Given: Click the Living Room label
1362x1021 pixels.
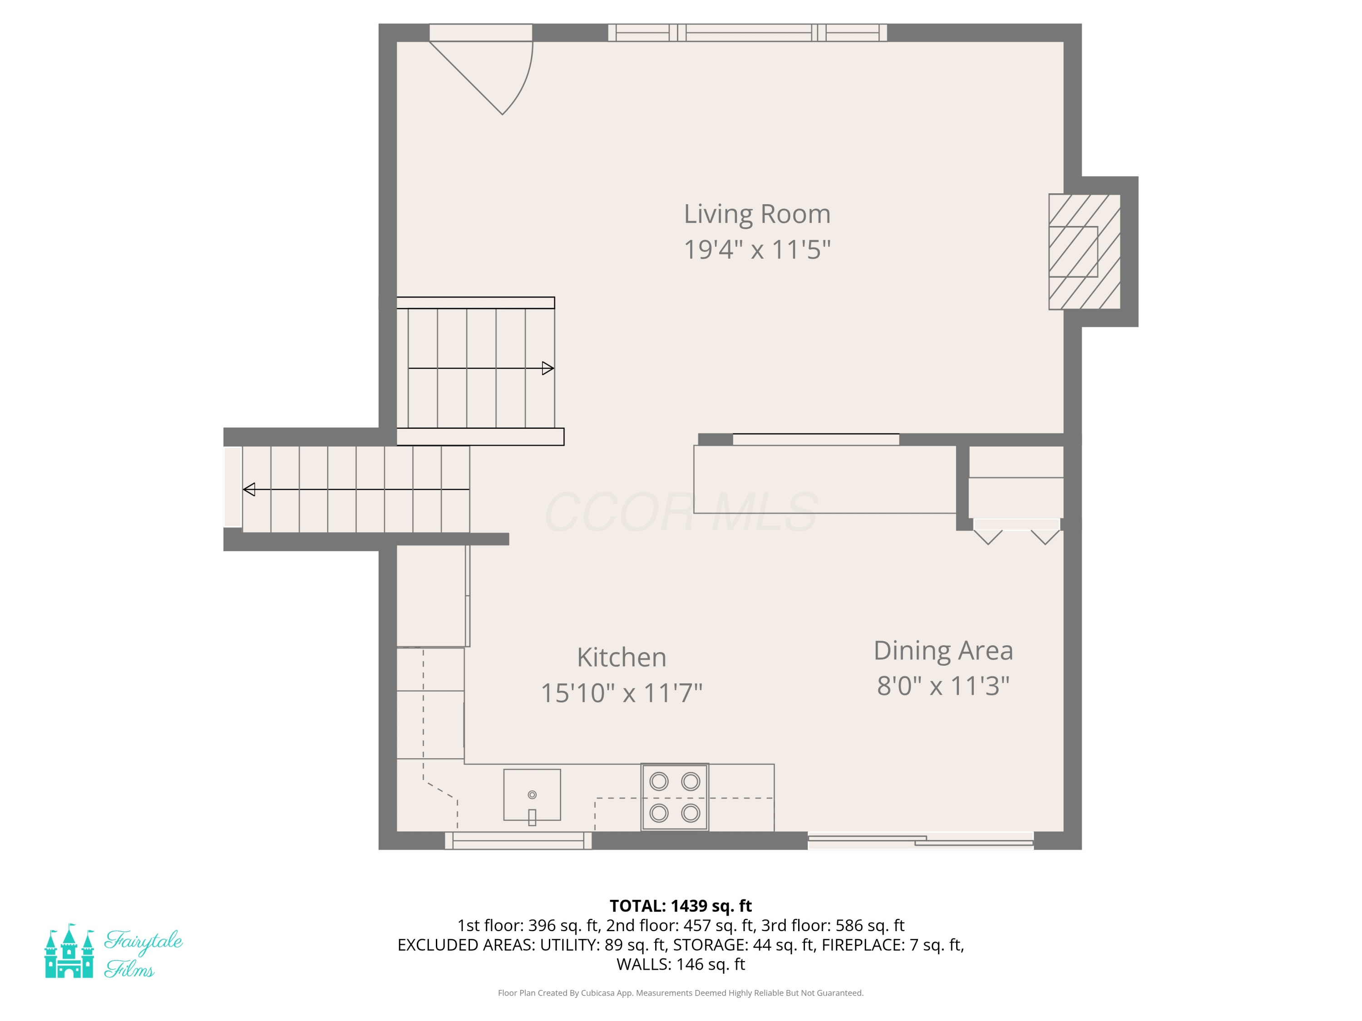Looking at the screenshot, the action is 757,214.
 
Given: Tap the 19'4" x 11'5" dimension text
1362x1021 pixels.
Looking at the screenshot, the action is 757,250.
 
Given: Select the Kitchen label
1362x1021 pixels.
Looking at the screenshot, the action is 621,657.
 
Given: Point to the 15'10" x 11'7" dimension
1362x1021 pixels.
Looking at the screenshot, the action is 621,693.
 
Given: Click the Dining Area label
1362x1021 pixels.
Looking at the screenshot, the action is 943,651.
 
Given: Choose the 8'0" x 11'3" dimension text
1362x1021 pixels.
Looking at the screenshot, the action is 943,686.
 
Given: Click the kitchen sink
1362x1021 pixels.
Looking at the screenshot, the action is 532,795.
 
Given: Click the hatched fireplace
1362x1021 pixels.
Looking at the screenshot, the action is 1084,252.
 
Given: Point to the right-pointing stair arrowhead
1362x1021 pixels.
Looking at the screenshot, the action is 548,368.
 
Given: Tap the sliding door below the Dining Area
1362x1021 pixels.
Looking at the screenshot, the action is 921,841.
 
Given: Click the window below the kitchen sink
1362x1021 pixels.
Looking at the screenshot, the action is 518,841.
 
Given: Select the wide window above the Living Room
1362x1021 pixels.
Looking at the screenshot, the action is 747,33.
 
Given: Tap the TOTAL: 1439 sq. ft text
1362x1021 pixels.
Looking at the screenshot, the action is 681,906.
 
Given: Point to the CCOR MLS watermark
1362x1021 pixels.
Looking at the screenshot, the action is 681,512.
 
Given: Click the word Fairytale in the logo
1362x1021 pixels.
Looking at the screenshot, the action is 143,942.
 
